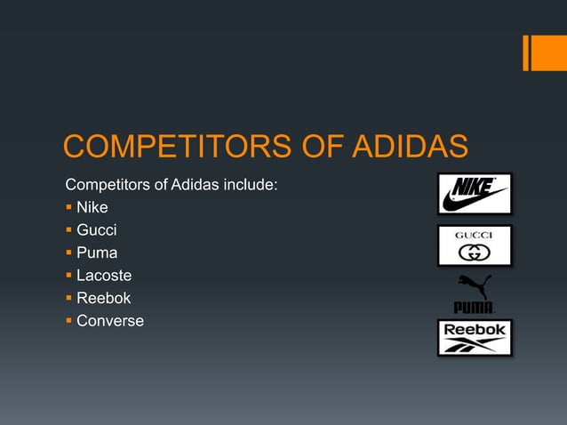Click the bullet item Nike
(x=92, y=208)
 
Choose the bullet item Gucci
(x=97, y=230)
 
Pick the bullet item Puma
(x=97, y=253)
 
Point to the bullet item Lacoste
(x=104, y=276)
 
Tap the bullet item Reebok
(x=103, y=299)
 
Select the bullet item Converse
(x=110, y=321)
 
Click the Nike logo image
(x=475, y=194)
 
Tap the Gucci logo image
(x=475, y=245)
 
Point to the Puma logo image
(x=475, y=294)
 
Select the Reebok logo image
(x=475, y=338)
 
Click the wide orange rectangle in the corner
(x=548, y=52)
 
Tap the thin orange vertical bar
(x=526, y=52)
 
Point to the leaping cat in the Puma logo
(x=474, y=286)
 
